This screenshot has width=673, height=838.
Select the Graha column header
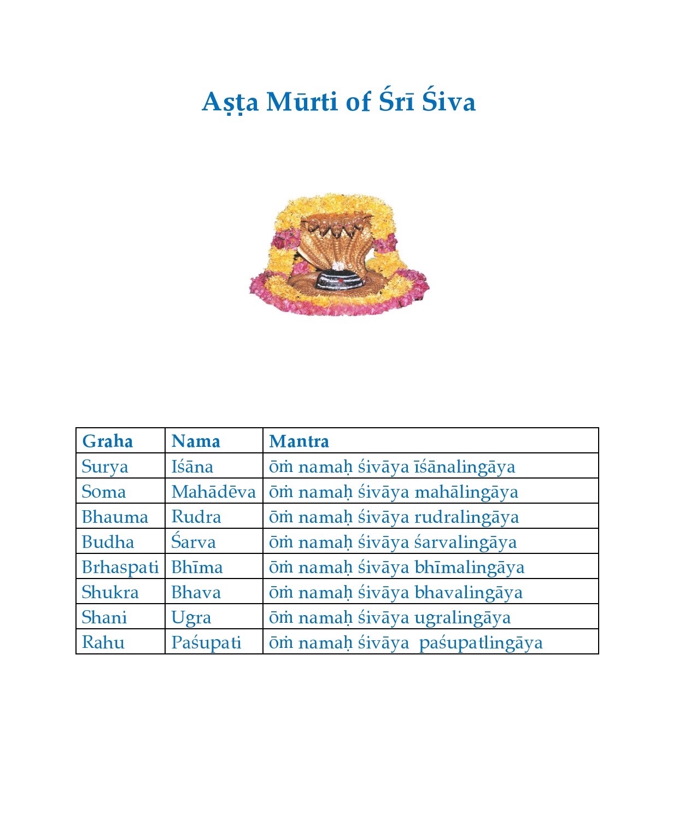click(x=107, y=441)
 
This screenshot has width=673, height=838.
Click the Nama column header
click(x=195, y=441)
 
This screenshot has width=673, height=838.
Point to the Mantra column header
click(x=299, y=441)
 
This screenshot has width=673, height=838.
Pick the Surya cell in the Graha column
click(x=104, y=467)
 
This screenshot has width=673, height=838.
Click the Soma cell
click(x=103, y=492)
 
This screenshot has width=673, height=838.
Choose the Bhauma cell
click(x=115, y=517)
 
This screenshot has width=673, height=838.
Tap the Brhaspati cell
click(x=120, y=568)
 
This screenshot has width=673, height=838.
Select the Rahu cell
click(x=103, y=643)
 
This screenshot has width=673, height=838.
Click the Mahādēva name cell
click(x=213, y=492)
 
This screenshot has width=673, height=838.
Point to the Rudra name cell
click(x=196, y=517)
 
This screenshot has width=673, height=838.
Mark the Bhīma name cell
click(x=197, y=568)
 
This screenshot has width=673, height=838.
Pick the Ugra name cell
click(x=191, y=618)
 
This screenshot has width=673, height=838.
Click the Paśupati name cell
click(x=206, y=643)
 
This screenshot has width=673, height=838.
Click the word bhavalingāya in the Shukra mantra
click(x=468, y=593)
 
